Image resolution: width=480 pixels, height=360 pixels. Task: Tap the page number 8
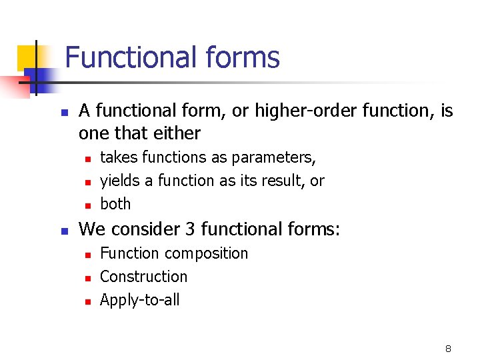(448, 349)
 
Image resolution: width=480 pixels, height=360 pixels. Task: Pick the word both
(115, 204)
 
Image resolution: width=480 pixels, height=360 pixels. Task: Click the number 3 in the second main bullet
(190, 229)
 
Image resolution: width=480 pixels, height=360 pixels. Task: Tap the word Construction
(143, 277)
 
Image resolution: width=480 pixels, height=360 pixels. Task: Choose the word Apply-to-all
(139, 300)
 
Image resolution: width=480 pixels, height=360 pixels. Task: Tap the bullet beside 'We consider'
(64, 231)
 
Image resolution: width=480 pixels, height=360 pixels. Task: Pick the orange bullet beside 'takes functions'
(87, 159)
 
